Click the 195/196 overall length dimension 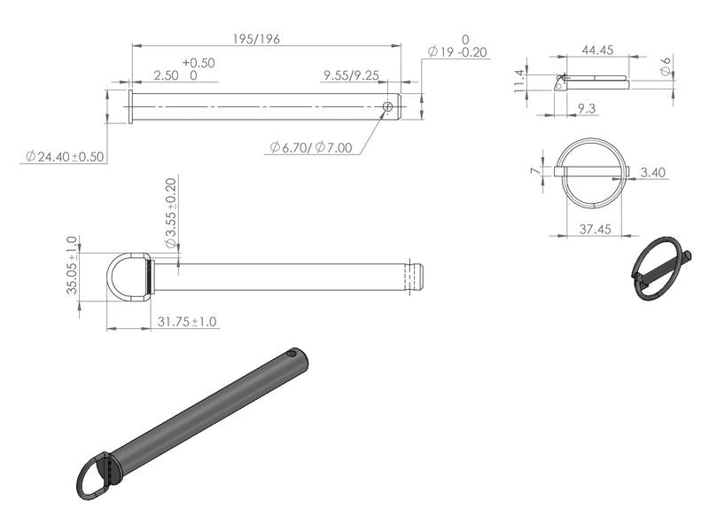pos(255,39)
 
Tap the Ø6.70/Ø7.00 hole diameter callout pos(311,147)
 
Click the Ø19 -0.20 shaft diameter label pos(457,52)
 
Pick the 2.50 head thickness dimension pos(166,76)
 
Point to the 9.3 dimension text pos(586,108)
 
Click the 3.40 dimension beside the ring pos(653,171)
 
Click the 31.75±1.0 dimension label pos(187,322)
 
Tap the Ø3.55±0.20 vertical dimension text pos(170,214)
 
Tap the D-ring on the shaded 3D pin pos(94,476)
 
